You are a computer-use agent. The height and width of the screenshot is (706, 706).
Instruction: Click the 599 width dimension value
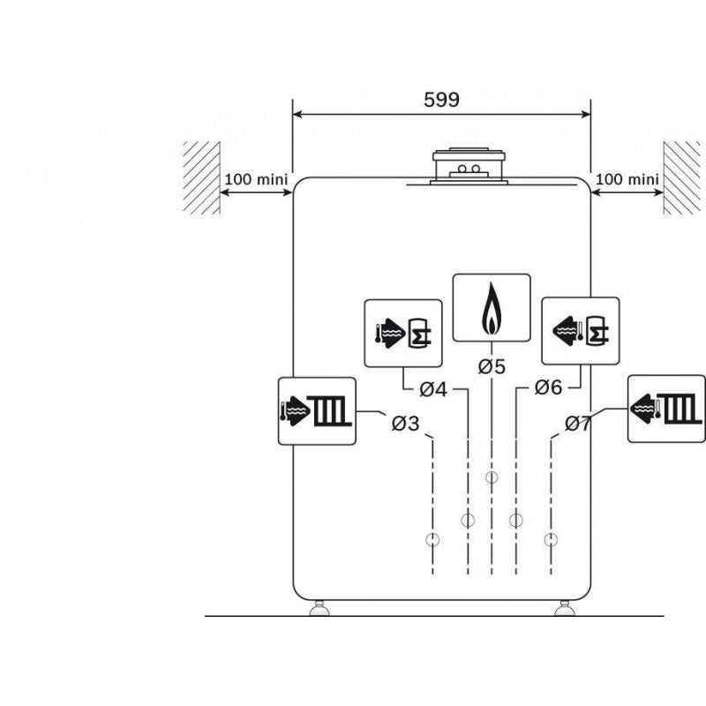(441, 100)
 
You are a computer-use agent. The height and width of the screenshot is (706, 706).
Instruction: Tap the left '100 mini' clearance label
(257, 179)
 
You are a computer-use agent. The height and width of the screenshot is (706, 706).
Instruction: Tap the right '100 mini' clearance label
(627, 179)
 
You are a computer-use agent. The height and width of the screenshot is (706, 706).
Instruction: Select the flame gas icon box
(492, 307)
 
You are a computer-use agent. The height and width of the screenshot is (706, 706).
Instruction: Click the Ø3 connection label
(405, 424)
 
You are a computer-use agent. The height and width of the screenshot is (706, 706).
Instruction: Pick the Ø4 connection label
(433, 388)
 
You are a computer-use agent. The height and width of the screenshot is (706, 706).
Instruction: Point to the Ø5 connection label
(492, 366)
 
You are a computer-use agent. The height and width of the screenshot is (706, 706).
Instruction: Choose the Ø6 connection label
(548, 388)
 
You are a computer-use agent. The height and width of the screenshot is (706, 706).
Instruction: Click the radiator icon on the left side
(317, 410)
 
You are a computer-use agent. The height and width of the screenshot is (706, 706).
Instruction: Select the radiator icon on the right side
(666, 408)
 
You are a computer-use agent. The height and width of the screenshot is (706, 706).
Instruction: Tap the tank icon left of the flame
(403, 333)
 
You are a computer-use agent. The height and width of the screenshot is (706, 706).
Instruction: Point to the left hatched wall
(201, 177)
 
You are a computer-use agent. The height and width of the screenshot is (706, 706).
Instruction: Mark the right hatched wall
(681, 177)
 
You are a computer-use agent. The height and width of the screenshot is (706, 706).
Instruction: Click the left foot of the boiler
(318, 609)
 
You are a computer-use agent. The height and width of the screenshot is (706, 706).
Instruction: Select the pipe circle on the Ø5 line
(492, 477)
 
